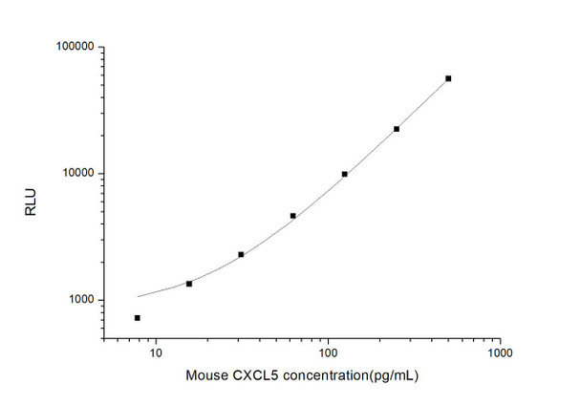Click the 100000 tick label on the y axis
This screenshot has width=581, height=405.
[x=71, y=47]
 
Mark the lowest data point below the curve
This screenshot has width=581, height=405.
[x=138, y=318]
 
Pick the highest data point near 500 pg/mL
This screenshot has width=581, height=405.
[x=449, y=78]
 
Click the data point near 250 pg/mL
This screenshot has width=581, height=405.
[x=397, y=129]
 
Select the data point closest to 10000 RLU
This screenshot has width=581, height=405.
[x=345, y=174]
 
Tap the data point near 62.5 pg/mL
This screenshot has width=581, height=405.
[x=293, y=216]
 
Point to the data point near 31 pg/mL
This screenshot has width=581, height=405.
[x=241, y=254]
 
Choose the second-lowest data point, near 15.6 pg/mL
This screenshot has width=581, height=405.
[x=189, y=284]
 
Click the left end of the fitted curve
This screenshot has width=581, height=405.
[x=138, y=296]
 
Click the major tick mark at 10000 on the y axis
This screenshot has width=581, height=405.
[x=102, y=174]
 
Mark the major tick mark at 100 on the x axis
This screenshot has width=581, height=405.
[x=328, y=338]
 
